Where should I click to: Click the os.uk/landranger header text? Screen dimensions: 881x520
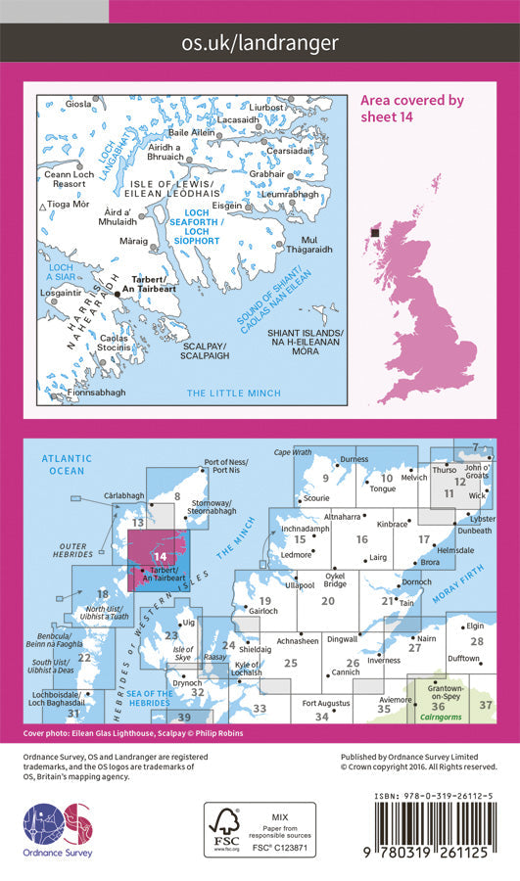pos(260,42)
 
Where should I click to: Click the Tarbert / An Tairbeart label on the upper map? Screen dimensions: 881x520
pos(149,282)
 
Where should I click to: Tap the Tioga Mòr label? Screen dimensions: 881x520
pos(69,205)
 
